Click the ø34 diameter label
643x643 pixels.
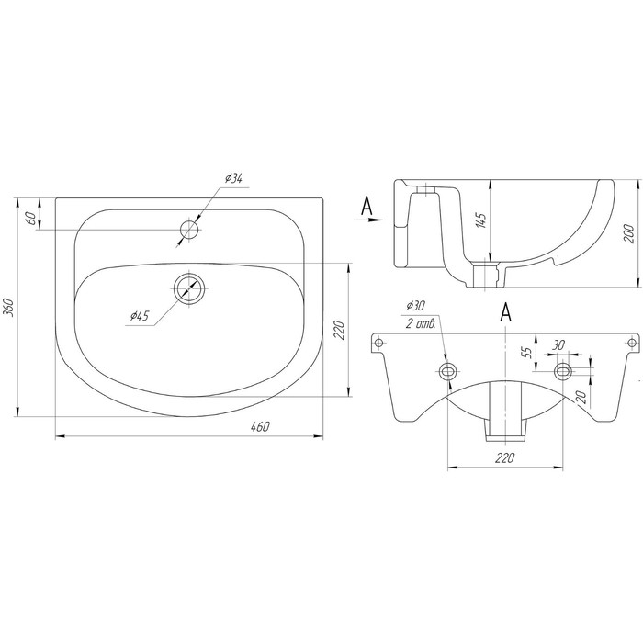pyautogui.click(x=233, y=178)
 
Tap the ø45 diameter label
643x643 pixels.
pyautogui.click(x=140, y=316)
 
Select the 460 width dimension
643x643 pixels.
pyautogui.click(x=260, y=426)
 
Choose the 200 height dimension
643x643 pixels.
pyautogui.click(x=629, y=233)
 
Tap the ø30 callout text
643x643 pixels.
pyautogui.click(x=415, y=306)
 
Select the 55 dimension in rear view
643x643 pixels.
pyautogui.click(x=528, y=352)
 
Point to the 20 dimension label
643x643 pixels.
pyautogui.click(x=581, y=397)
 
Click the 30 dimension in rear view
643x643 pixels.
pyautogui.click(x=558, y=344)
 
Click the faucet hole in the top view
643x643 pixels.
pyautogui.click(x=189, y=230)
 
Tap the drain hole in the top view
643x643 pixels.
pyautogui.click(x=189, y=288)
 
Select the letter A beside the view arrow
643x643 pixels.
pyautogui.click(x=367, y=206)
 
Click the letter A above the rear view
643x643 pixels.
pyautogui.click(x=506, y=313)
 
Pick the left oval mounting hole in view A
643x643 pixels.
pyautogui.click(x=448, y=371)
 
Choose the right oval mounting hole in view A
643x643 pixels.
pyautogui.click(x=563, y=371)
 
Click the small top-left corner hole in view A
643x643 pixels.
pyautogui.click(x=378, y=342)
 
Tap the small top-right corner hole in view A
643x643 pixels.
pyautogui.click(x=633, y=342)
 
